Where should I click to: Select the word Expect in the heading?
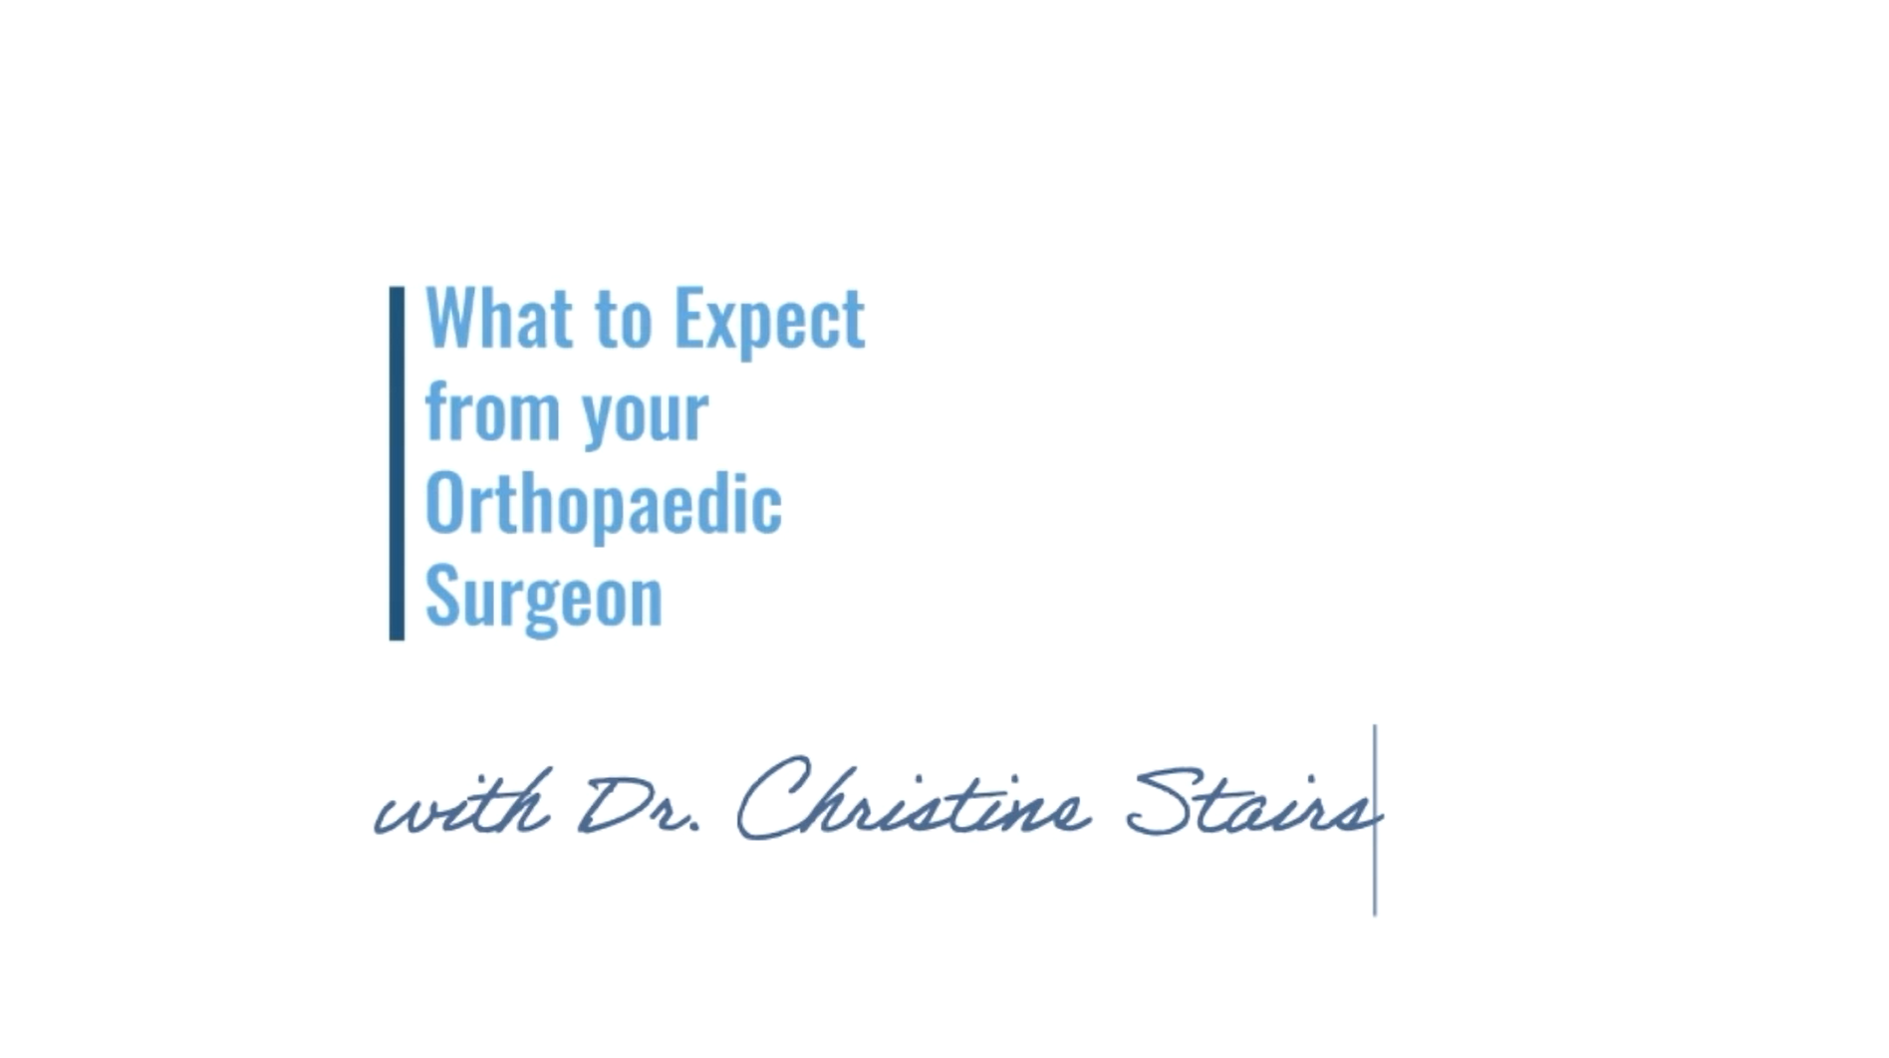(x=769, y=321)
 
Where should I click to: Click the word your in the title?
(x=646, y=416)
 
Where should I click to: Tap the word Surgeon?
(x=544, y=598)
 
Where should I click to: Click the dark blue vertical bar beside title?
(x=397, y=463)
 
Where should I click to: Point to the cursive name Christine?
(x=912, y=797)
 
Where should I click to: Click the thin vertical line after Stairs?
(x=1375, y=820)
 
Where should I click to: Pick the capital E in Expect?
(x=689, y=317)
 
